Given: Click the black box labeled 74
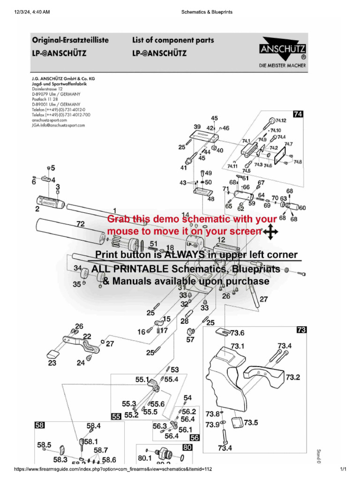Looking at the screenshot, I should coord(298,114).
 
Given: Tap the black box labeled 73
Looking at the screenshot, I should coord(301,330).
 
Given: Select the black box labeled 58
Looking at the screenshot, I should coord(40,425).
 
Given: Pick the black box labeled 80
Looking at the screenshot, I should coord(187,448).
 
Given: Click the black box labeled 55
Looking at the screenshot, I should coord(115,416).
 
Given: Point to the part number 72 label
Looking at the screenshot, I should coord(80,225).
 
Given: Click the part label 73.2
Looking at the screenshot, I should coord(293,377).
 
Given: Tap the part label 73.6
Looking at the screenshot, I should coord(236,333).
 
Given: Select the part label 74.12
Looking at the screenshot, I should coord(281,121).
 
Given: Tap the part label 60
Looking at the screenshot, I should coord(302,208).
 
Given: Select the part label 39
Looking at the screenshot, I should coord(197,127).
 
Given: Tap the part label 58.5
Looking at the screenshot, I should coord(44,445).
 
